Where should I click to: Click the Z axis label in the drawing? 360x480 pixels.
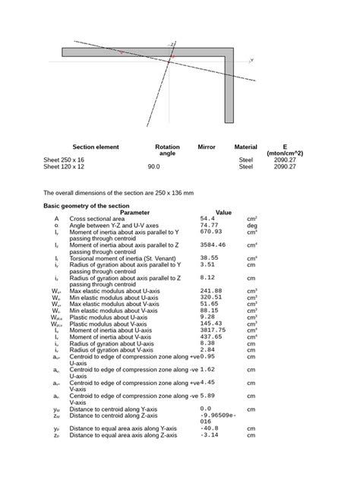173,44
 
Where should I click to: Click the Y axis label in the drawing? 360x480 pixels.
251,59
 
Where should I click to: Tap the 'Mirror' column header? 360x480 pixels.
207,146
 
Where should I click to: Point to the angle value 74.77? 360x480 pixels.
212,226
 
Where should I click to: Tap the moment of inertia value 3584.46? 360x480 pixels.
215,245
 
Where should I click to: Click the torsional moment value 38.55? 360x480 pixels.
212,258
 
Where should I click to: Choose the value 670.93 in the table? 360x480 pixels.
213,232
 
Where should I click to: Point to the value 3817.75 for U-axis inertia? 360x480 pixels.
215,330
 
